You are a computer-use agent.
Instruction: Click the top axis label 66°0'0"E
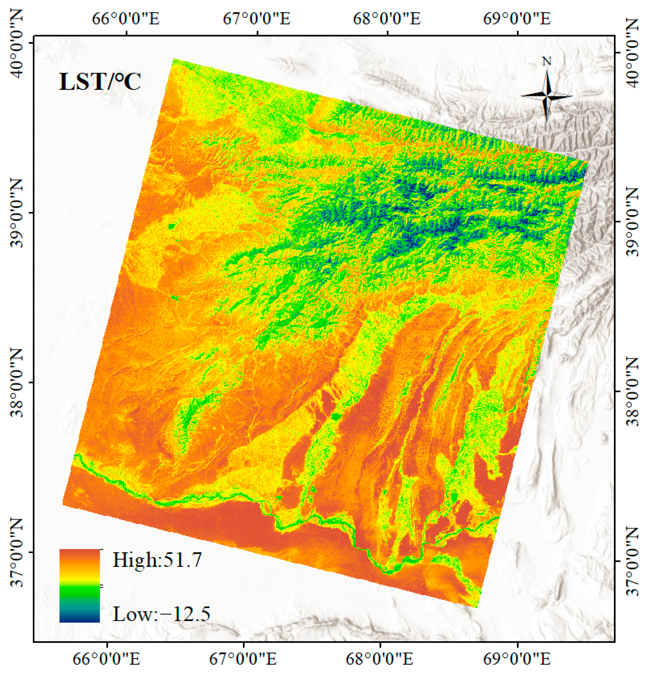[126, 19]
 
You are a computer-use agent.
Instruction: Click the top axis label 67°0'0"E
[257, 19]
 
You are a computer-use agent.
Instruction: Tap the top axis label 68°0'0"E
[387, 19]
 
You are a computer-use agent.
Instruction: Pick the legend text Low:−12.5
[162, 615]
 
